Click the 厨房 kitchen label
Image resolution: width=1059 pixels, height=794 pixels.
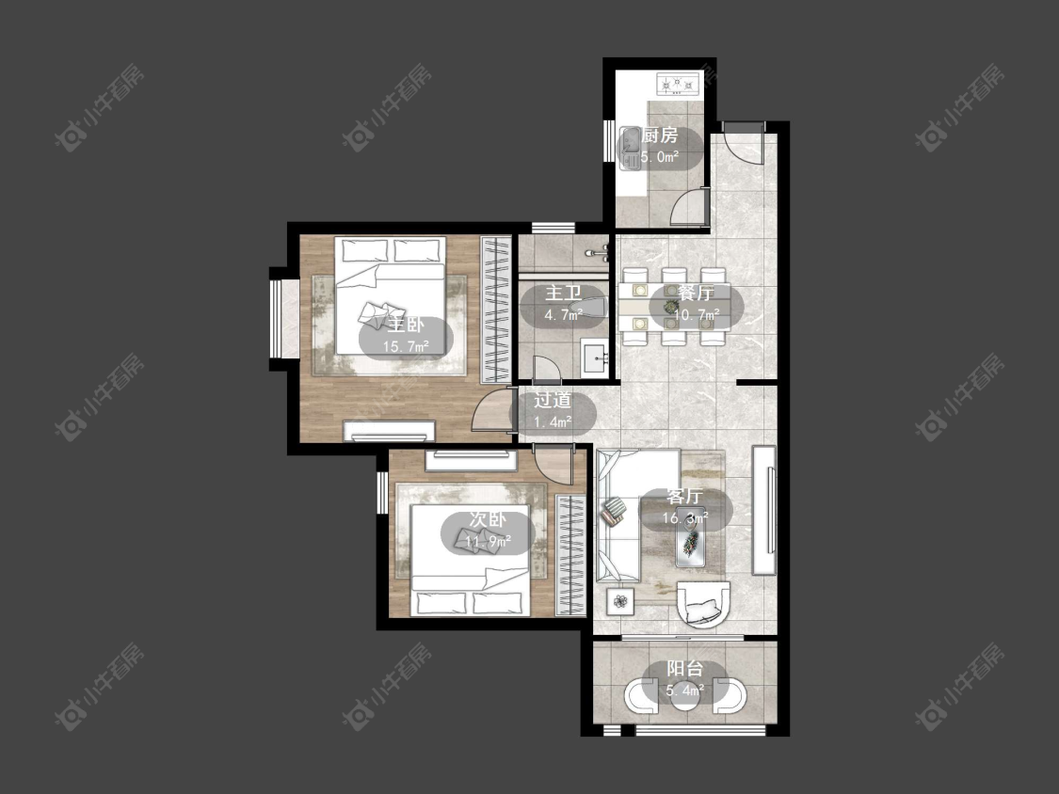pos(659,135)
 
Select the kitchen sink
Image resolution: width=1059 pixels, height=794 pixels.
pos(630,148)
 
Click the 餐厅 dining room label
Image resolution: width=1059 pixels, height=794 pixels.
pos(696,293)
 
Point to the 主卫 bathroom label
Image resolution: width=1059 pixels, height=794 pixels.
pos(563,293)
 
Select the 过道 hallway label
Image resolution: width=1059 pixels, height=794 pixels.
pos(553,401)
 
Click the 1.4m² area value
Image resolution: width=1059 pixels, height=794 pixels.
pos(553,422)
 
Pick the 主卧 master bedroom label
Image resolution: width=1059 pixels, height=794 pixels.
pos(405,326)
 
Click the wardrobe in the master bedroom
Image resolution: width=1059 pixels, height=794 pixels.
pos(497,310)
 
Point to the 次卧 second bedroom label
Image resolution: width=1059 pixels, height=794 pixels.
pos(488,519)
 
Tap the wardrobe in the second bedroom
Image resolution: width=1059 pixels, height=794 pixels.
pos(570,555)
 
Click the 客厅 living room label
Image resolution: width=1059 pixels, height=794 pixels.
pos(685,497)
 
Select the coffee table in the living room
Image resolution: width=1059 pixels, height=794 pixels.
pos(691,537)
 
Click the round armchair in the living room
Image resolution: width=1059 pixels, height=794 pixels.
pos(703,603)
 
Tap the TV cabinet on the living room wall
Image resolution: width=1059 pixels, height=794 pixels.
pos(763,510)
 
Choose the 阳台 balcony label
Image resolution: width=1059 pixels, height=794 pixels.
pos(685,669)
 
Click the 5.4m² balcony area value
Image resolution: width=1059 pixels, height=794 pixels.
pos(685,691)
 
